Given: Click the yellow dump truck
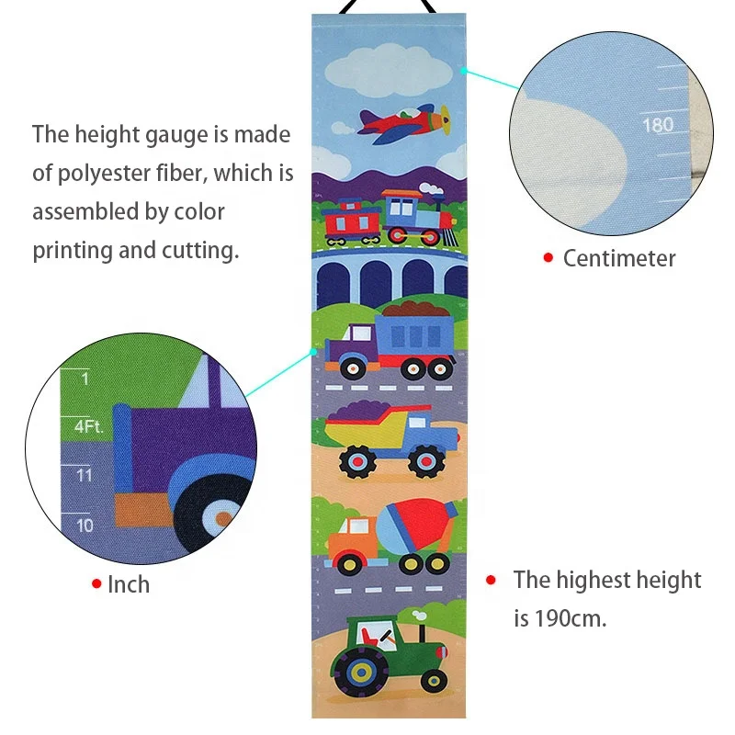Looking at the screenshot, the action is (x=391, y=440).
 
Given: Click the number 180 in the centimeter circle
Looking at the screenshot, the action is (x=657, y=124).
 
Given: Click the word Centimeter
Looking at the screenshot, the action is (x=618, y=258).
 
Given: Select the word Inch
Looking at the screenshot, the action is (x=129, y=584).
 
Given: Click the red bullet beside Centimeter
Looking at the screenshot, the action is (x=548, y=258).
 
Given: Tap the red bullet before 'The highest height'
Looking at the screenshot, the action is (x=492, y=580).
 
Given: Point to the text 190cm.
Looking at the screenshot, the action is (x=571, y=618).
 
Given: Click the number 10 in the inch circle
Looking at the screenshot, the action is (x=85, y=526).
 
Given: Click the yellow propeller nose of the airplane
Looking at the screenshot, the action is (x=445, y=118).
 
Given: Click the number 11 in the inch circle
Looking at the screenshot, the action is (x=85, y=475).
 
